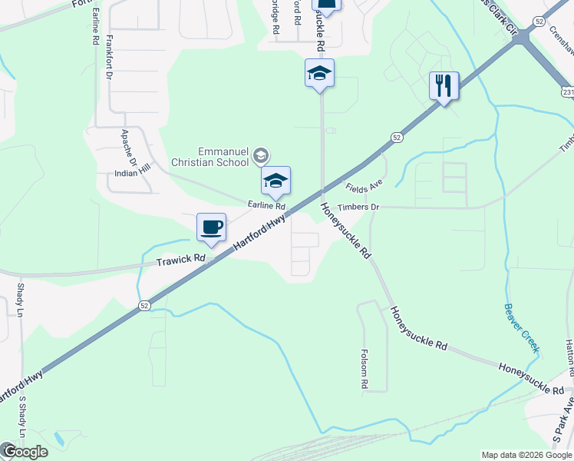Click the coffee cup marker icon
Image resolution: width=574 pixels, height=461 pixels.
pos(211,227)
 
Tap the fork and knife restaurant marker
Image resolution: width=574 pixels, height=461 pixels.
pos(444,85)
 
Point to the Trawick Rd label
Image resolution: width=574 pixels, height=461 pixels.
pos(181,260)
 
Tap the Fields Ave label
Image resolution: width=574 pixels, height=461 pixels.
pos(364,187)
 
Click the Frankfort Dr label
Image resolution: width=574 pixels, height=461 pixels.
pos(109,57)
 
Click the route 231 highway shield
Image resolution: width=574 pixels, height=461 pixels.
pos(567,92)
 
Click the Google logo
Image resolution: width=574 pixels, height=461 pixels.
pos(25,452)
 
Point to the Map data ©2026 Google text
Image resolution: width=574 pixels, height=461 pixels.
pos(526,455)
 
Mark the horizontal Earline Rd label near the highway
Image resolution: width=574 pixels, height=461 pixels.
pos(266,206)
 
